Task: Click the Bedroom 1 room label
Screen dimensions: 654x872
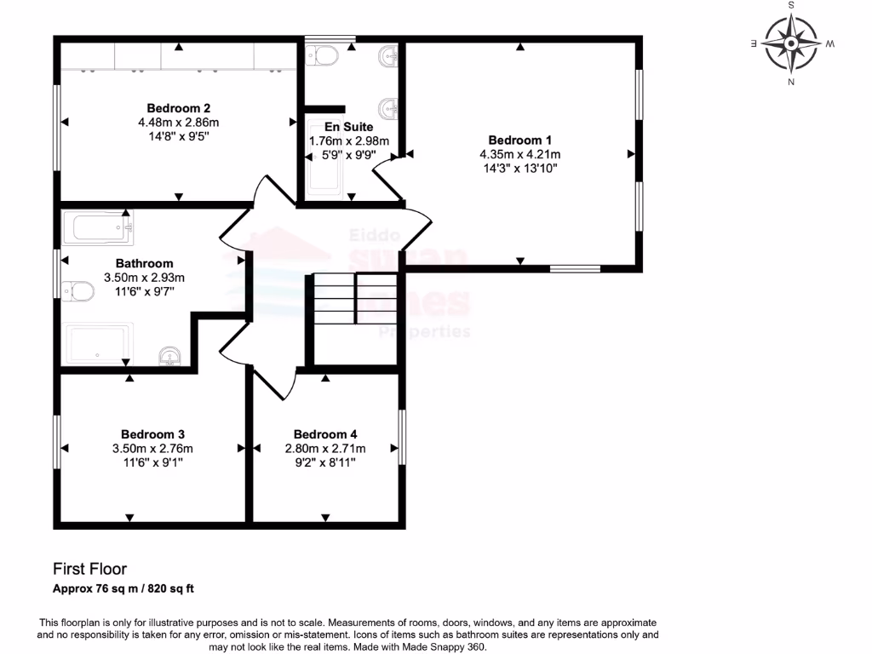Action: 519,141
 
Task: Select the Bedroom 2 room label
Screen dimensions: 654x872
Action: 179,108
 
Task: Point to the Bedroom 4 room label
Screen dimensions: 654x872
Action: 325,434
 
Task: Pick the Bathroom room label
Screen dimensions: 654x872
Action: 144,264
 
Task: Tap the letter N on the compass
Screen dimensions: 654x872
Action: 791,82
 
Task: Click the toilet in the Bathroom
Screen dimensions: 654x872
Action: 78,291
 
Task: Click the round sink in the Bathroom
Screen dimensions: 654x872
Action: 169,356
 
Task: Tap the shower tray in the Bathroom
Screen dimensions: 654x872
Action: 99,345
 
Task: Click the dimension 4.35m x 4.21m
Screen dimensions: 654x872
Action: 519,154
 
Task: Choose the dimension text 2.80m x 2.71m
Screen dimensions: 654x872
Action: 324,449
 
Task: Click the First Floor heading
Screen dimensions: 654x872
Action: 89,569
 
